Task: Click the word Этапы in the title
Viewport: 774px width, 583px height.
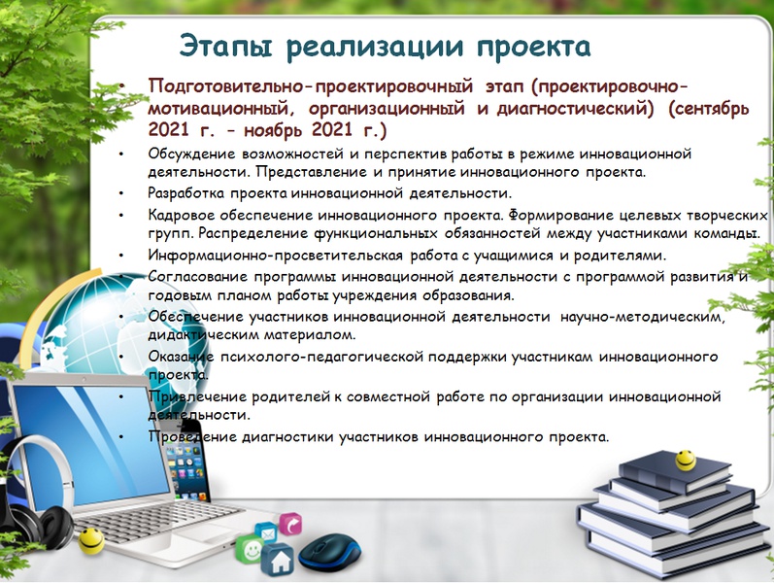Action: click(x=225, y=47)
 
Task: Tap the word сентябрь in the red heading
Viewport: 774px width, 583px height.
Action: click(x=709, y=109)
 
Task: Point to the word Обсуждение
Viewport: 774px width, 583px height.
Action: click(x=191, y=154)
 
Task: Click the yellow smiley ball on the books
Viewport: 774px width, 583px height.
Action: click(x=686, y=460)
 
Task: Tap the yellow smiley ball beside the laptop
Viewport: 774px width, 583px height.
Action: click(x=91, y=540)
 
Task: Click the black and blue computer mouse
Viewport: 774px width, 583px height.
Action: click(x=330, y=552)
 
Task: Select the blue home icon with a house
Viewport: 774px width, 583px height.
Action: click(x=278, y=561)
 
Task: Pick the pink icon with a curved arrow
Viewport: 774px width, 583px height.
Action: click(x=290, y=524)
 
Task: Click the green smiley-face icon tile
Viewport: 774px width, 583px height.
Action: click(x=250, y=548)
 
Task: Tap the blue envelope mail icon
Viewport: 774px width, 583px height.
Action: click(x=266, y=533)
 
